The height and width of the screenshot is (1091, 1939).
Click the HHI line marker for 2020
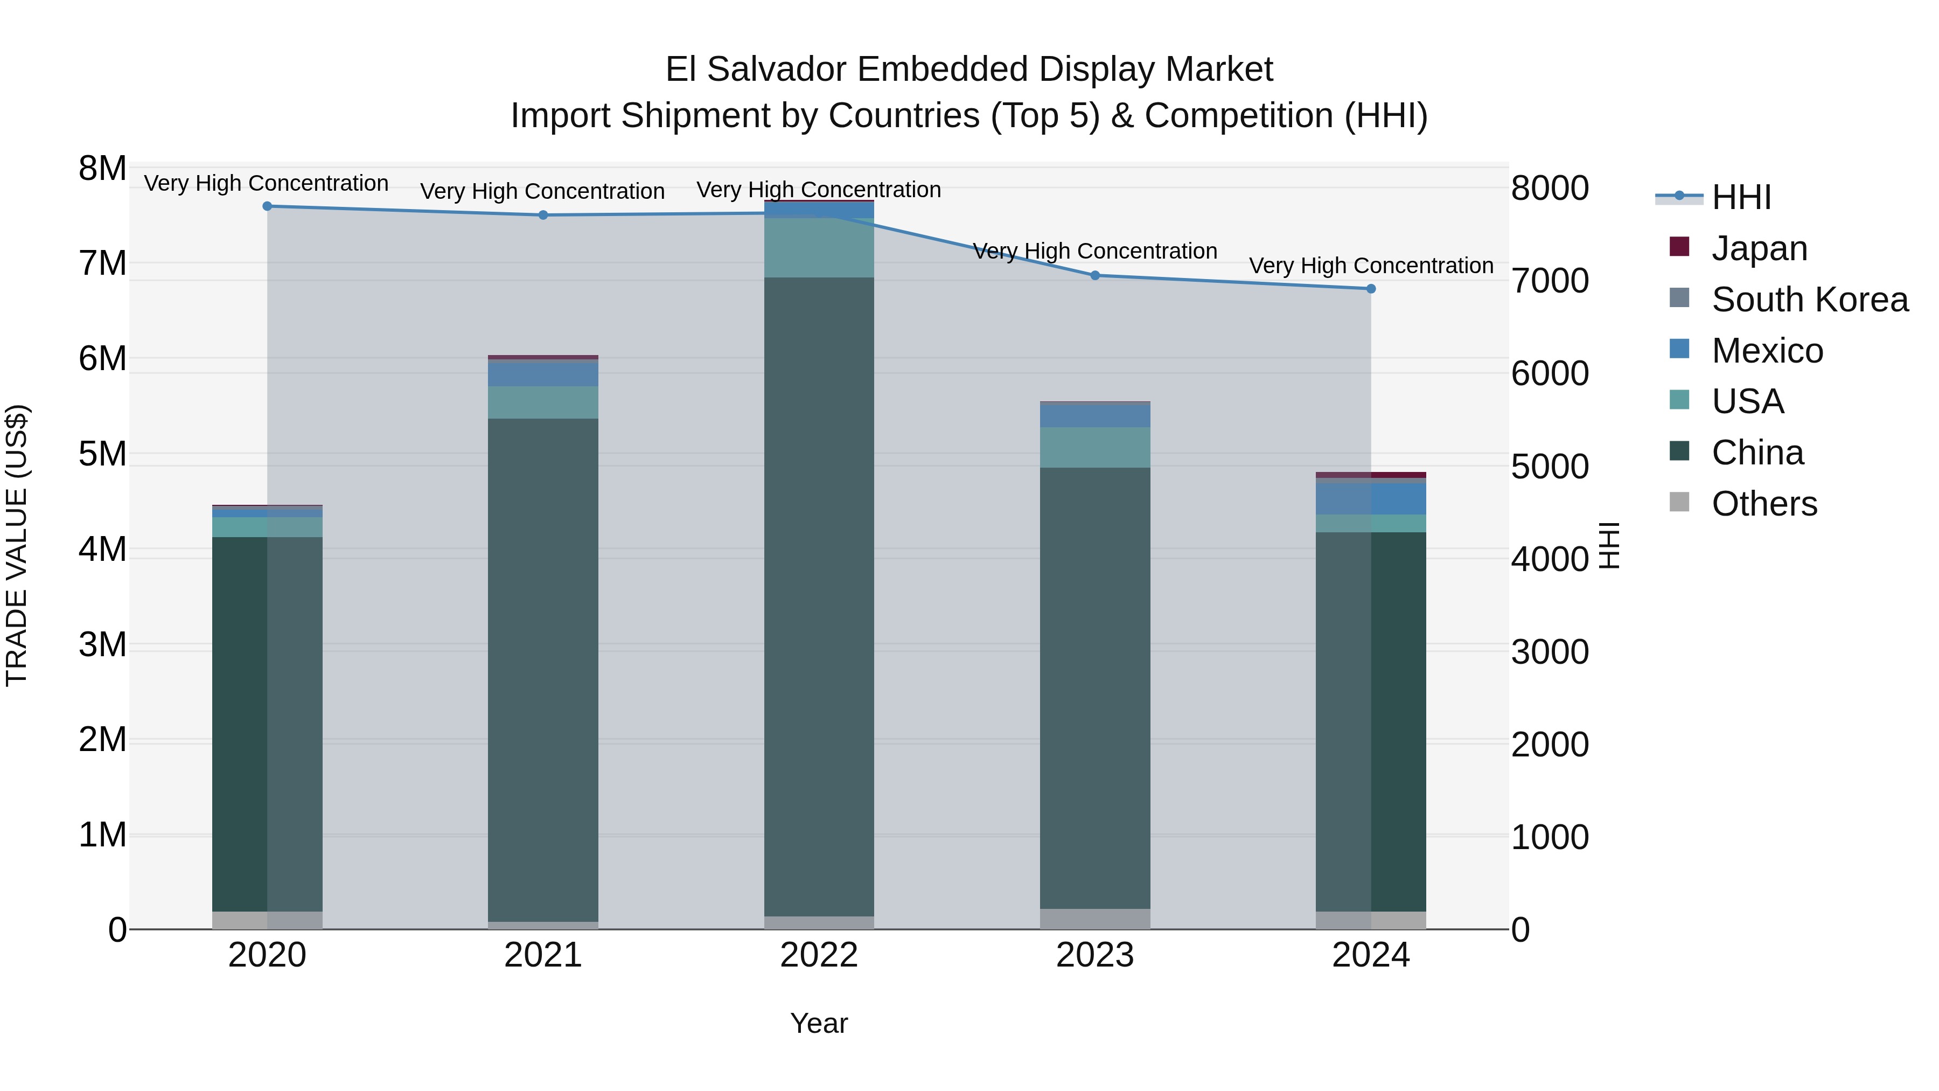pyautogui.click(x=267, y=206)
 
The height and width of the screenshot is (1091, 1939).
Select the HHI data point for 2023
pyautogui.click(x=1095, y=275)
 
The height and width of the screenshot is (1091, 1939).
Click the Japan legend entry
pyautogui.click(x=1759, y=248)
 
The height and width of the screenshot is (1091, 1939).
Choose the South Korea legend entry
pyautogui.click(x=1810, y=300)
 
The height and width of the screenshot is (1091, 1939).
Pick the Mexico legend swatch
pyautogui.click(x=1679, y=349)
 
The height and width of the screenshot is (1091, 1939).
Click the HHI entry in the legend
pyautogui.click(x=1741, y=197)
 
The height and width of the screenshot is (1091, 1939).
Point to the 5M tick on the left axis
pyautogui.click(x=103, y=454)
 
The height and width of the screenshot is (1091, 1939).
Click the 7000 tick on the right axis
pyautogui.click(x=1550, y=281)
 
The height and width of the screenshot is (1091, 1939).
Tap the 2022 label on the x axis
pyautogui.click(x=819, y=955)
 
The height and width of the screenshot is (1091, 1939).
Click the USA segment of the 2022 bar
pyautogui.click(x=819, y=248)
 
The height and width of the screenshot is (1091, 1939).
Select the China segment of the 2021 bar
pyautogui.click(x=543, y=670)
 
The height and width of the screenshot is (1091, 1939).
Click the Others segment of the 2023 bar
pyautogui.click(x=1095, y=919)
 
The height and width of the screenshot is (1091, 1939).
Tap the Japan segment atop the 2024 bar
pyautogui.click(x=1371, y=475)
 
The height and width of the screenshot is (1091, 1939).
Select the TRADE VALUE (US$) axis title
pyautogui.click(x=17, y=546)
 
